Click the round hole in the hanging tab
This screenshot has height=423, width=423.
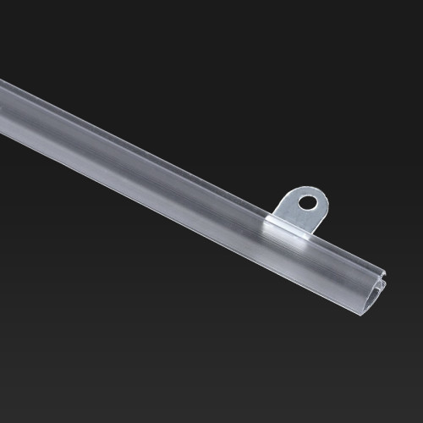309,202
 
